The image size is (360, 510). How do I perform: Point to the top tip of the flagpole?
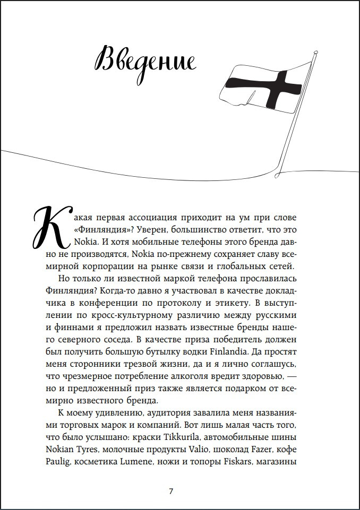click(315, 51)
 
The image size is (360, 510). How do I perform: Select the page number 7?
click(170, 491)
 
